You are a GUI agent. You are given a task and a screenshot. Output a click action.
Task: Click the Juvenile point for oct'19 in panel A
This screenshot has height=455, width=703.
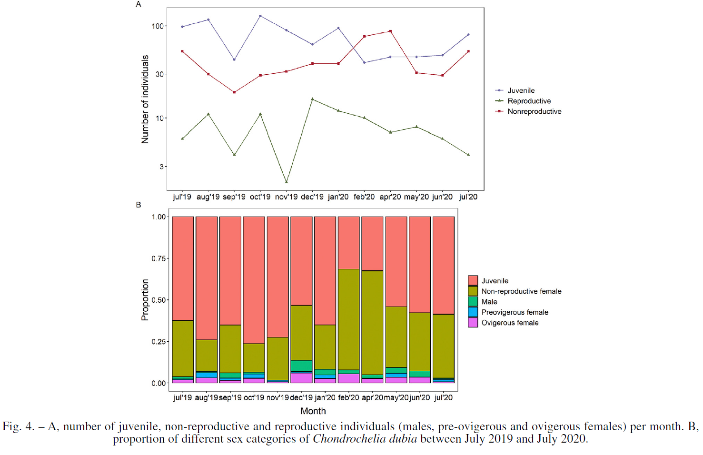(260, 16)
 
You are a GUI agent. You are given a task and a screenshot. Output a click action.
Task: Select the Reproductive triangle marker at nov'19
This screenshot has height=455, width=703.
(286, 182)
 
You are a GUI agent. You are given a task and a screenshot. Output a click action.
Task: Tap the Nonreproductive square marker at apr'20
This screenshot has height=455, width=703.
(390, 31)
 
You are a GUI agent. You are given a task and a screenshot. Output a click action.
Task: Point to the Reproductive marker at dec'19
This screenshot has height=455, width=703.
(312, 99)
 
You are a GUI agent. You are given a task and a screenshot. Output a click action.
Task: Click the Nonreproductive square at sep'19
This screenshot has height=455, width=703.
(234, 92)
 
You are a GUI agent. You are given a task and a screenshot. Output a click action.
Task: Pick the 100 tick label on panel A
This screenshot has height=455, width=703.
(158, 26)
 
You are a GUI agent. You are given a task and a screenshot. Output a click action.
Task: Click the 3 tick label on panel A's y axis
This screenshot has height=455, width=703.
(161, 166)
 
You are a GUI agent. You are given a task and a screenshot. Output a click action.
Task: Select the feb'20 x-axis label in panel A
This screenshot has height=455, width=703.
(364, 197)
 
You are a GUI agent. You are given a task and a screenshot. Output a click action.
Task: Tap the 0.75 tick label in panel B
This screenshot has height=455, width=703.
(158, 258)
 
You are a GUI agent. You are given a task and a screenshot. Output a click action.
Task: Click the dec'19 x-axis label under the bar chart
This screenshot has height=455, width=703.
(301, 397)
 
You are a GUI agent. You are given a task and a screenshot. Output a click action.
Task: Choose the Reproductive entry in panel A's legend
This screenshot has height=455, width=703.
(529, 101)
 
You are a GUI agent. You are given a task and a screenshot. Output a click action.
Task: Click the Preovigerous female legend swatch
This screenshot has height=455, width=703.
(473, 312)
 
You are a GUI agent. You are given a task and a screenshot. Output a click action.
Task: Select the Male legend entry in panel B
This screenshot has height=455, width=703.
(489, 302)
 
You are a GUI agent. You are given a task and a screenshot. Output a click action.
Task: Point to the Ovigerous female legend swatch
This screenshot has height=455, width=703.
(473, 323)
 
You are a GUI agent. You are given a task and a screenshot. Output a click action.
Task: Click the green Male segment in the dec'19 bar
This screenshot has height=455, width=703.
(301, 366)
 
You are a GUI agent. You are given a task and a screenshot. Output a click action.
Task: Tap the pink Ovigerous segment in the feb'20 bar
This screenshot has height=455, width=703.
(349, 378)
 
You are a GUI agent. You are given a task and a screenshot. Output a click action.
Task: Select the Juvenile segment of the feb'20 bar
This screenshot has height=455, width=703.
(349, 243)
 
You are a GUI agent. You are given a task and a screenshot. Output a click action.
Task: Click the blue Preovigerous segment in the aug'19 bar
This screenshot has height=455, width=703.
(207, 375)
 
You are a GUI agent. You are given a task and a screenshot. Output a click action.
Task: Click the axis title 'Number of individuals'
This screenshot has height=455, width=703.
(145, 99)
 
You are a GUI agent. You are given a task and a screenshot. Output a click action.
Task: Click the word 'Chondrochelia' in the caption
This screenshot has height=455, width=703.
(349, 438)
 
